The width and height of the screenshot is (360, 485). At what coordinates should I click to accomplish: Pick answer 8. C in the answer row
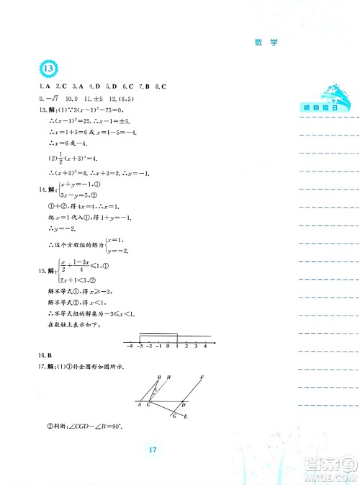pos(161,86)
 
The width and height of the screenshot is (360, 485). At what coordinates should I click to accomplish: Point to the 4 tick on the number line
pos(205,346)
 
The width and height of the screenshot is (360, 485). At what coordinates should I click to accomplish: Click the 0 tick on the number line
pos(168,346)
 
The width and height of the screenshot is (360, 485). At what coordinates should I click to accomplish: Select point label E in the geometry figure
pos(188,417)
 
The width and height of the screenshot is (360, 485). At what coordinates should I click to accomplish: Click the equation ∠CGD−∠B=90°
pos(96,431)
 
